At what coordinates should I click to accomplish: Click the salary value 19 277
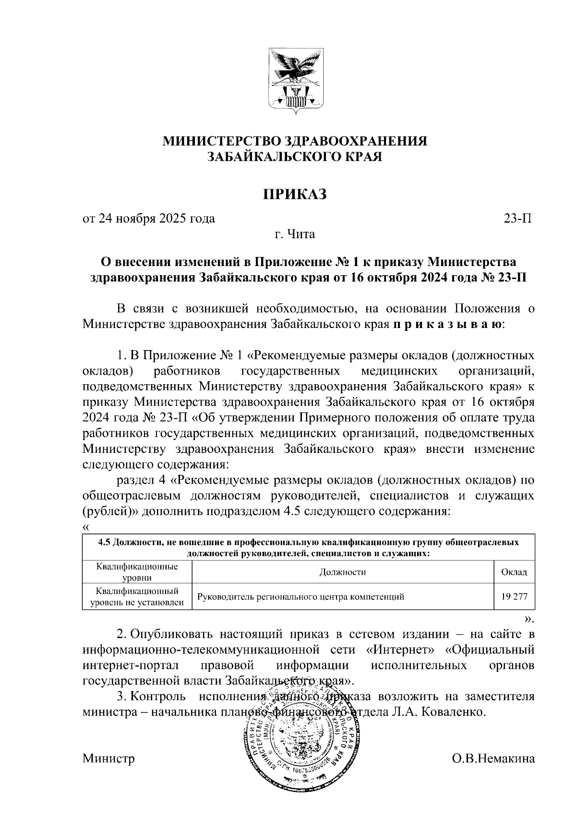[514, 597]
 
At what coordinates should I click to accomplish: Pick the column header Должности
[342, 572]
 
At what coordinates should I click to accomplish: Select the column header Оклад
[514, 572]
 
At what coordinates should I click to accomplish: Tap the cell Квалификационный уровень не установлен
[137, 597]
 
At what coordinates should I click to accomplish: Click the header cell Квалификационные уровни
[137, 572]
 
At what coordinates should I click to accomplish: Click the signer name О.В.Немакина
[493, 759]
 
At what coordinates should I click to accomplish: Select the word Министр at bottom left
[108, 759]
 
